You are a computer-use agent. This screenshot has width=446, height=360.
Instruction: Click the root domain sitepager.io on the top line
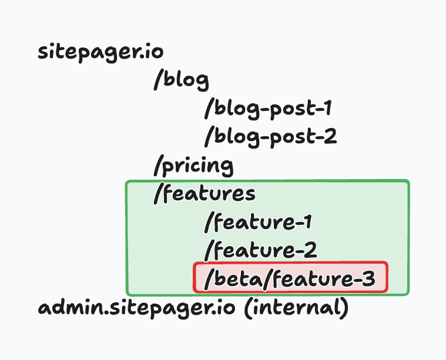pos(100,52)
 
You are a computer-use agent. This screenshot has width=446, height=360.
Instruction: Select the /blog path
pos(182,80)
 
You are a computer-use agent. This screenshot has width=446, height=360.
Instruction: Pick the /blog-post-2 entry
pos(271,136)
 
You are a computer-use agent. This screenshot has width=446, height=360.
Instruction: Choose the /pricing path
pos(193,166)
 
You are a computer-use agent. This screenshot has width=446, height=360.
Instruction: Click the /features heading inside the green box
pos(204,194)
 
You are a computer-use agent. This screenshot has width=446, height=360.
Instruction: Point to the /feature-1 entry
pos(258,223)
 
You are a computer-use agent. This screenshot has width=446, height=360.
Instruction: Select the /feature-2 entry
pos(261,251)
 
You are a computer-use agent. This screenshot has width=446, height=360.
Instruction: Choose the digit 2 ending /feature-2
pos(310,251)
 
